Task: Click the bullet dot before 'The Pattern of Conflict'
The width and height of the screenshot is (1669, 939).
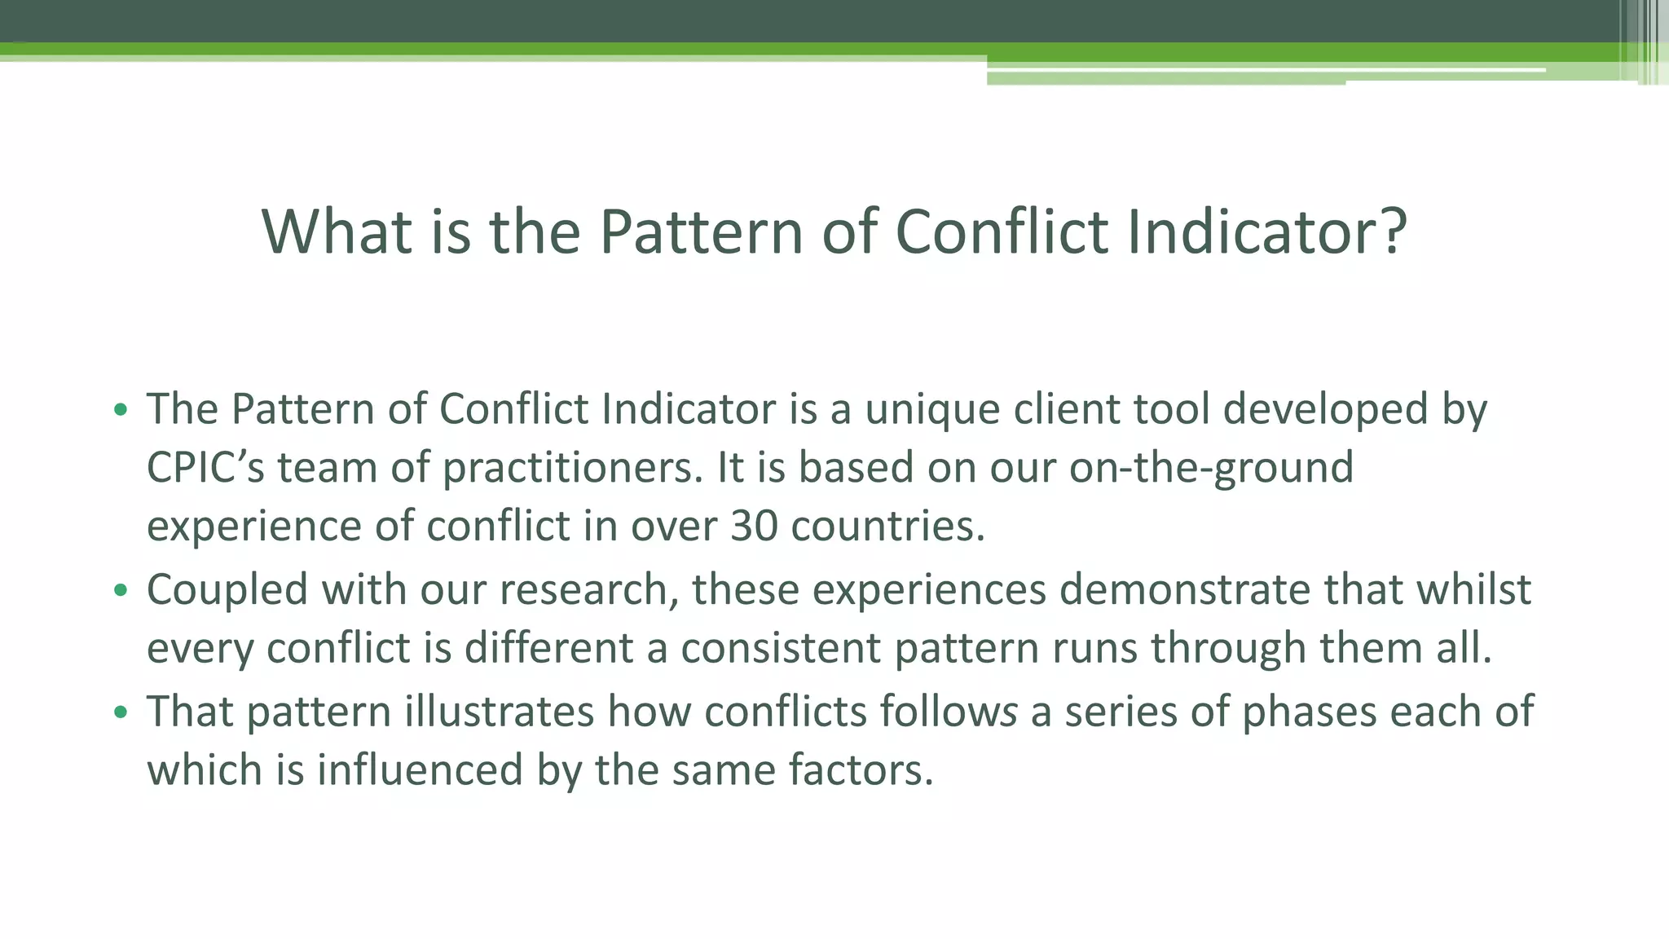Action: coord(121,410)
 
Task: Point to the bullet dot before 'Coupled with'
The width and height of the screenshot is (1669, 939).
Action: coord(121,591)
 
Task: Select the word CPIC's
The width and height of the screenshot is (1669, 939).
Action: coord(205,468)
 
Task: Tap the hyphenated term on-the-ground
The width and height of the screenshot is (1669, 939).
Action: coord(1211,468)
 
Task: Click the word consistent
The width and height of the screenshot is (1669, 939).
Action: coord(780,649)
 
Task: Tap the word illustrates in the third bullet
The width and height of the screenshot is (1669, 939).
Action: coord(500,712)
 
